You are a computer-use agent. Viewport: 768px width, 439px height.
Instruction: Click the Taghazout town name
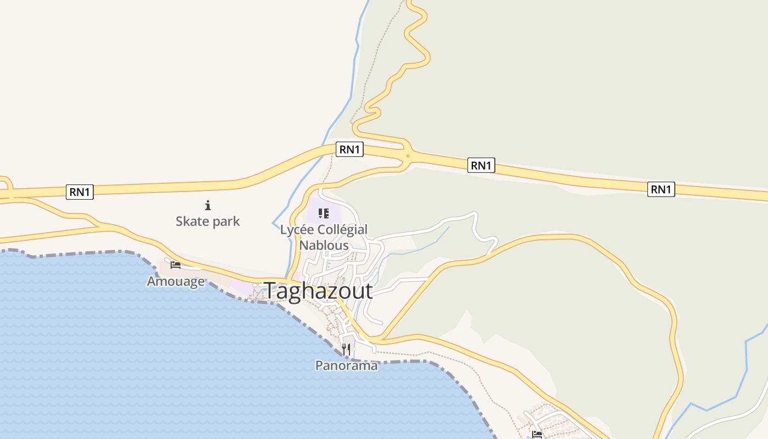click(x=318, y=291)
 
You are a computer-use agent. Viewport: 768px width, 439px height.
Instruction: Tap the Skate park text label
click(x=208, y=221)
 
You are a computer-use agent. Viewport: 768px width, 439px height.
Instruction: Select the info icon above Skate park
click(x=208, y=206)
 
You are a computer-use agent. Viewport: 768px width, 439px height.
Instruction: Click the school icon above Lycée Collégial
click(x=324, y=213)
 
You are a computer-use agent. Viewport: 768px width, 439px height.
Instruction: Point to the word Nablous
click(x=324, y=245)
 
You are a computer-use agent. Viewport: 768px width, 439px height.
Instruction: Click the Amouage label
click(x=176, y=282)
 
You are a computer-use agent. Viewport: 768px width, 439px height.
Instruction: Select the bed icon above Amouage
click(x=176, y=264)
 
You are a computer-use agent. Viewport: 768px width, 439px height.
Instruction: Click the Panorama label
click(x=346, y=365)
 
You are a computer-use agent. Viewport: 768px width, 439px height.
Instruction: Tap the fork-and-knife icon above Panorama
click(x=346, y=349)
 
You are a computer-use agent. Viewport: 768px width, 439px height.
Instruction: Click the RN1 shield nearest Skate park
click(x=80, y=192)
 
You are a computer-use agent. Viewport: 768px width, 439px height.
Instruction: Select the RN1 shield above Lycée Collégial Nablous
click(x=349, y=149)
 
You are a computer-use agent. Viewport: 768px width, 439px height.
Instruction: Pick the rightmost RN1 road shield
click(x=661, y=189)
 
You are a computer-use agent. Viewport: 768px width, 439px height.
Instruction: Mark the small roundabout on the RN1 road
click(x=408, y=156)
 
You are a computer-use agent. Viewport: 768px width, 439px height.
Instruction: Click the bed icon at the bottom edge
click(x=537, y=435)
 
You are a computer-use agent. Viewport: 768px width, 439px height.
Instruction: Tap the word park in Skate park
click(x=227, y=222)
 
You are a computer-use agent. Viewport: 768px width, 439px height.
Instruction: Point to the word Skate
click(x=192, y=221)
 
